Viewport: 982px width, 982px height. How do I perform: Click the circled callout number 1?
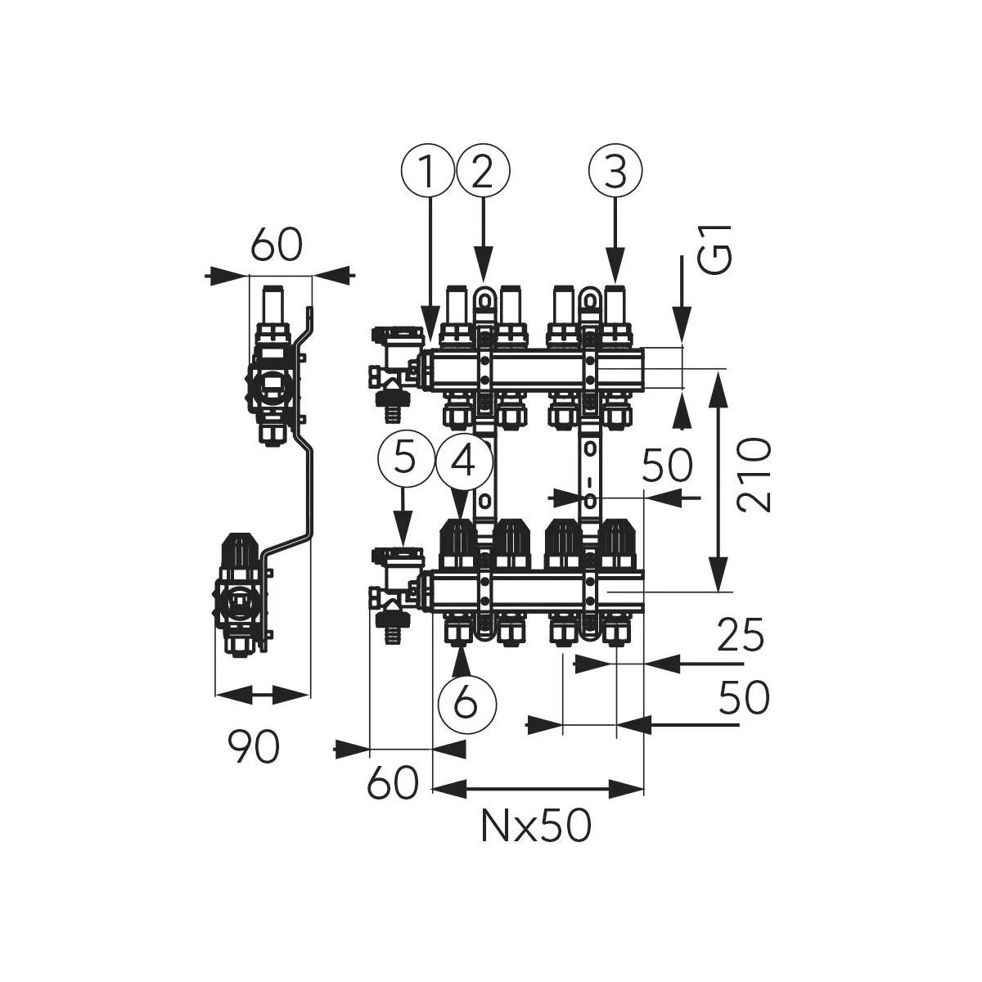(427, 170)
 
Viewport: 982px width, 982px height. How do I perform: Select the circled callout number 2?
(483, 170)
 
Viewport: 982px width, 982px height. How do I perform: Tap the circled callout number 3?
(615, 170)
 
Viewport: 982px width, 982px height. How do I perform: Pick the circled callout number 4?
(464, 463)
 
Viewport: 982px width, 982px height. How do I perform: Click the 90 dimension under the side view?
(253, 746)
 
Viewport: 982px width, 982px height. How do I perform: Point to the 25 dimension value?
(741, 635)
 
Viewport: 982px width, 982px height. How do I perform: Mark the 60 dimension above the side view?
(277, 245)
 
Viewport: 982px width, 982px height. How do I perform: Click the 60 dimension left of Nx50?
(393, 784)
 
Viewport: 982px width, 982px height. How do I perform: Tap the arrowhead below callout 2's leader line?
(483, 264)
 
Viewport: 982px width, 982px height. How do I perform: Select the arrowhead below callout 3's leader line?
(615, 264)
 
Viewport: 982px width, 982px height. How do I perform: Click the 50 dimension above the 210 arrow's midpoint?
(667, 466)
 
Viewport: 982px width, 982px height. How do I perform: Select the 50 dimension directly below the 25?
(744, 698)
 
